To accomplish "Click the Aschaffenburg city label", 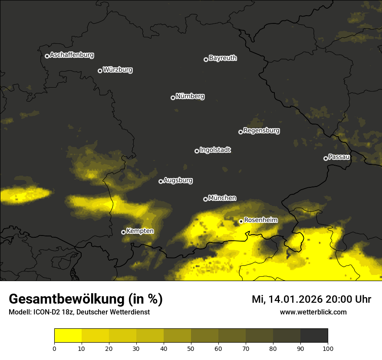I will tap(72, 55).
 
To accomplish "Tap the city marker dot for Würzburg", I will tap(100, 71).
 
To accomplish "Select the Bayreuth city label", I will tap(223, 58).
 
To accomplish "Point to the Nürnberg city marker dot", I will tap(173, 98).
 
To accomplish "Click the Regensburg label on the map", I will tap(261, 131).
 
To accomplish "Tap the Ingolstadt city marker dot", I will tap(197, 151).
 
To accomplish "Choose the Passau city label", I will tap(339, 157).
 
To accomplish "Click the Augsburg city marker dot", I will tap(161, 181).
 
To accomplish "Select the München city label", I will tap(222, 198).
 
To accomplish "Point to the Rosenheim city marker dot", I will tap(241, 222).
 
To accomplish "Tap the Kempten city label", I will tap(140, 231).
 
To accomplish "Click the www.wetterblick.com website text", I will tap(313, 312).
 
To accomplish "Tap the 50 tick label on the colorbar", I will tap(191, 348).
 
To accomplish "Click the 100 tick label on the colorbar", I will tap(327, 348).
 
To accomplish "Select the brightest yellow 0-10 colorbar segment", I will tap(68, 336).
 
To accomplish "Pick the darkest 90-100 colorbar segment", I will tap(314, 336).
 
